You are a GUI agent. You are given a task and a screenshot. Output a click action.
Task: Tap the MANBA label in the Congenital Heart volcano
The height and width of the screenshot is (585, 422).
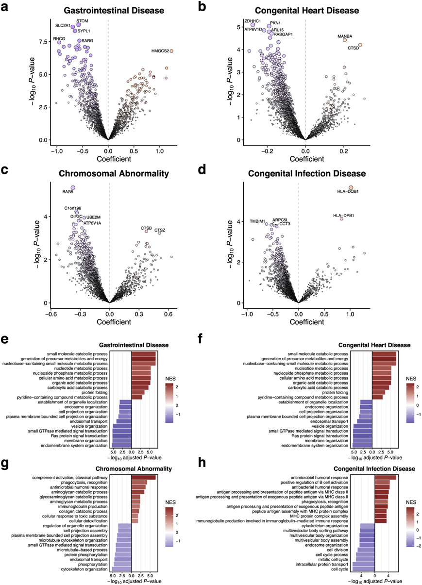point(345,36)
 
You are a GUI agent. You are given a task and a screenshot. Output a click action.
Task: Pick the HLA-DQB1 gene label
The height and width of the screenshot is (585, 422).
point(348,192)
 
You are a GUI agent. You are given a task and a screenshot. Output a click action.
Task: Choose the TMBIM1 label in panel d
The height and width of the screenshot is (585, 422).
point(257,221)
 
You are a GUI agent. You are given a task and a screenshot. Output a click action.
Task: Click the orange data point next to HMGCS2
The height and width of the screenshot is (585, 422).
point(171,51)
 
